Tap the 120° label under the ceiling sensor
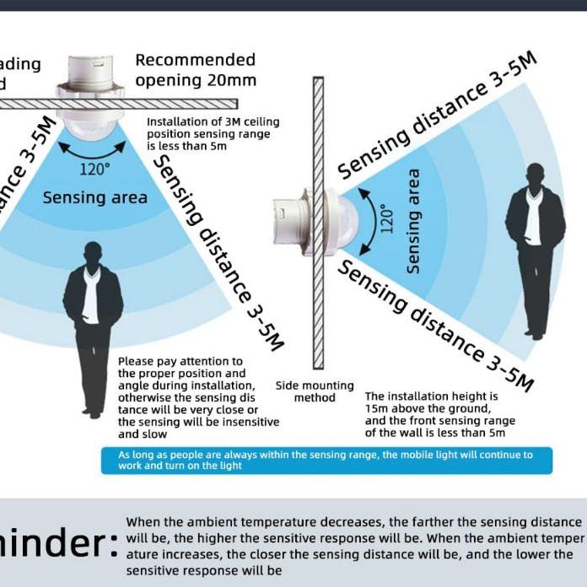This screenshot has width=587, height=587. coord(94,169)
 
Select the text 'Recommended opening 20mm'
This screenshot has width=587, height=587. coord(195,70)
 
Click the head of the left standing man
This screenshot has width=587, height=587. coord(93,254)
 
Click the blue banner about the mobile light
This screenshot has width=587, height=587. coord(326,460)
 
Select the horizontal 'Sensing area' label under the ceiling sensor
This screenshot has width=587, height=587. coord(94,198)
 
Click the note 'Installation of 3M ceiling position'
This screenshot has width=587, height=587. coord(213,134)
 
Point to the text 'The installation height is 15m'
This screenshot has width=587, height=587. coord(439,414)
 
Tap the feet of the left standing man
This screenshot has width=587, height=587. coord(92,412)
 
